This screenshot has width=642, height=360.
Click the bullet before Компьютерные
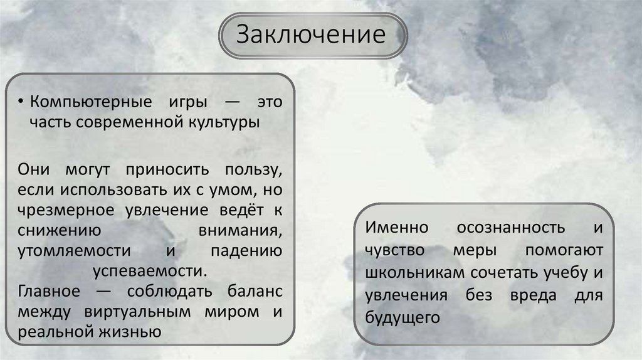pos(23,102)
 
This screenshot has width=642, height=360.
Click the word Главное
pos(49,292)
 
